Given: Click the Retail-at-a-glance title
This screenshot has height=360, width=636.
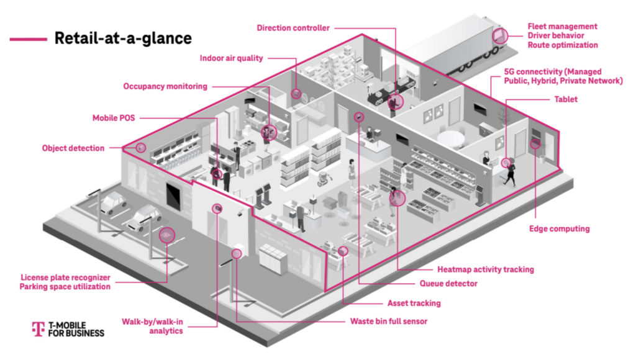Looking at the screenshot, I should pyautogui.click(x=123, y=38).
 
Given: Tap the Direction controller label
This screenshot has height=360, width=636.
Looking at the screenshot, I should pyautogui.click(x=293, y=27).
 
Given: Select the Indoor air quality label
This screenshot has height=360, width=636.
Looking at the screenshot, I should pyautogui.click(x=231, y=58).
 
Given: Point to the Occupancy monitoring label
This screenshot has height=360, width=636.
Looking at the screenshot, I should pyautogui.click(x=165, y=86).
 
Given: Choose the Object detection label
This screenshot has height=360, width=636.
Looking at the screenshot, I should pyautogui.click(x=73, y=148).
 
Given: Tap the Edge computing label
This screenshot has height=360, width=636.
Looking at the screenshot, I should pyautogui.click(x=559, y=228).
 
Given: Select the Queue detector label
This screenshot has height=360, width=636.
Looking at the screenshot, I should pyautogui.click(x=448, y=284).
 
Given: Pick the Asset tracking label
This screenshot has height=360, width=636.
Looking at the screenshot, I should pyautogui.click(x=414, y=304).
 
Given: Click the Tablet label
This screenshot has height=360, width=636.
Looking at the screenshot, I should pyautogui.click(x=564, y=99).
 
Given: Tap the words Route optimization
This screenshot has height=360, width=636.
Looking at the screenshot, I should pyautogui.click(x=563, y=45).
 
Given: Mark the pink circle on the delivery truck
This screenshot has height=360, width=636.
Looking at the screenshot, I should pyautogui.click(x=499, y=35).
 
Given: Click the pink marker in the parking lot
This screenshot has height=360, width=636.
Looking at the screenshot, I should pyautogui.click(x=166, y=235).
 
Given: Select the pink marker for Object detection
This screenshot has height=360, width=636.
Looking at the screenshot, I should pyautogui.click(x=141, y=148).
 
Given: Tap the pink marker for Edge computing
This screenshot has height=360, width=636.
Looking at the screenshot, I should pyautogui.click(x=534, y=145).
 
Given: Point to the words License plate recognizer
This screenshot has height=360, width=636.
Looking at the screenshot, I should pyautogui.click(x=65, y=277).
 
